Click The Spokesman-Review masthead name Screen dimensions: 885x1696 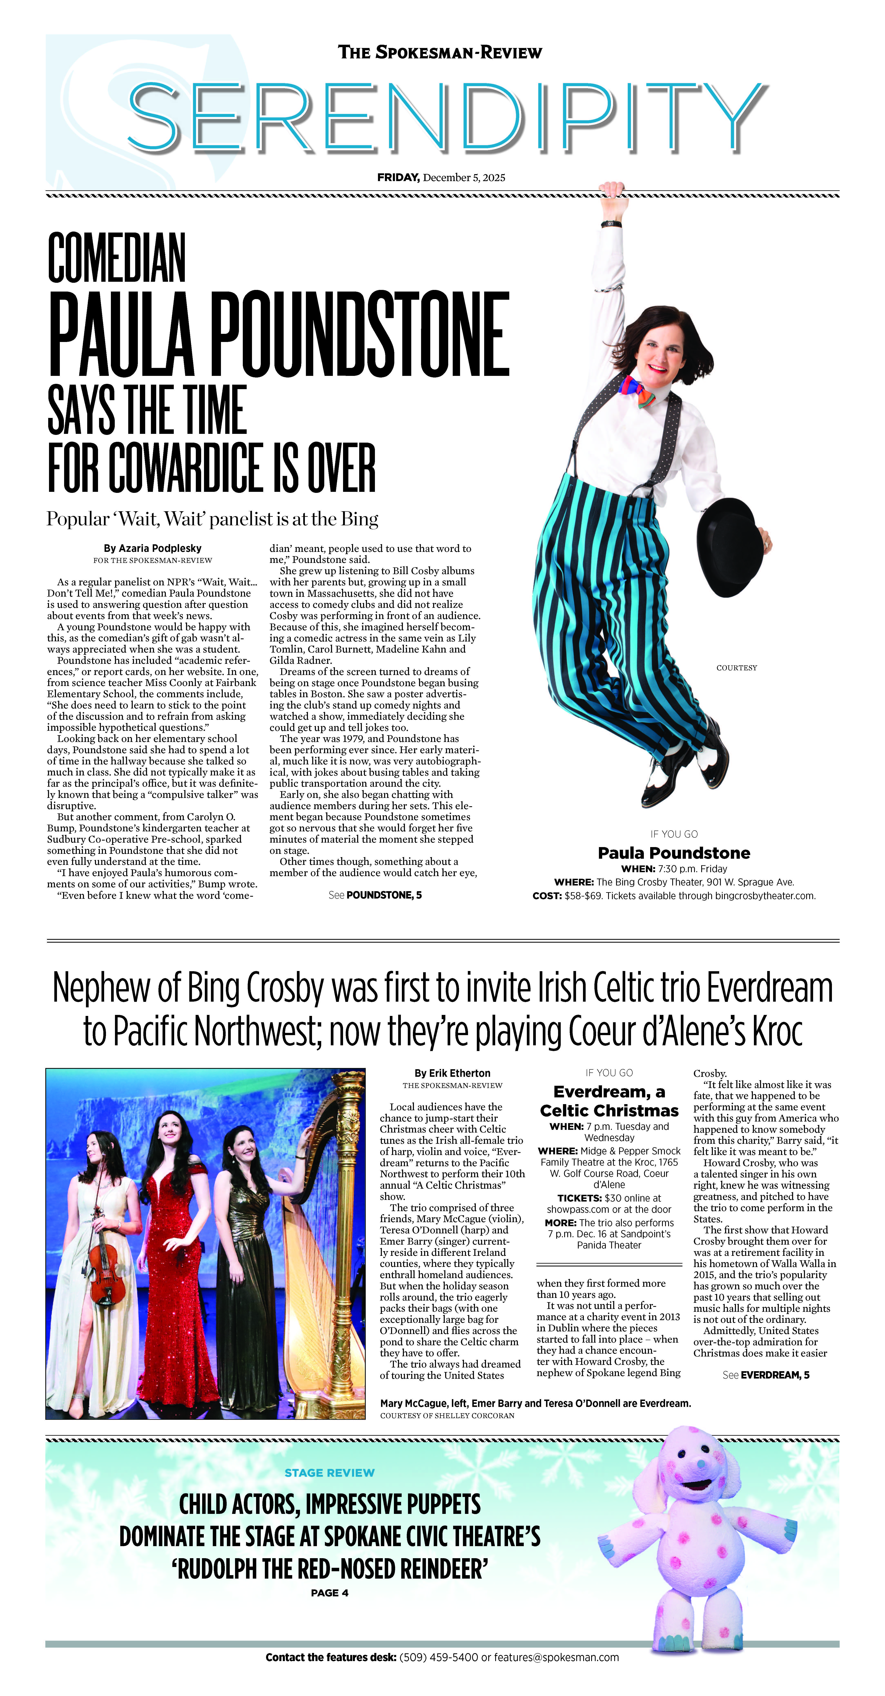click(x=440, y=53)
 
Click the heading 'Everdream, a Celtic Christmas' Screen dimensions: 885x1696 click(x=609, y=1101)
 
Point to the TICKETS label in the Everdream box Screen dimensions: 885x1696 click(x=580, y=1198)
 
